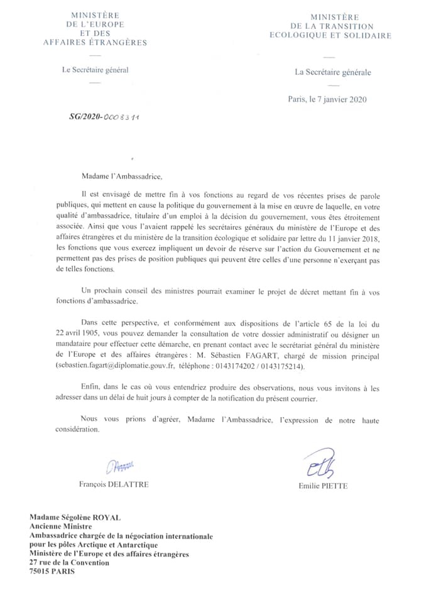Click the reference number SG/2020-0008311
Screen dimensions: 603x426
(x=105, y=117)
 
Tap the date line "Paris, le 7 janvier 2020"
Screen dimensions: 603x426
(x=327, y=99)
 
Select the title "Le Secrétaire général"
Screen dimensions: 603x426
(x=95, y=70)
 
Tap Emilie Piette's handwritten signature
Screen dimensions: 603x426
(x=321, y=464)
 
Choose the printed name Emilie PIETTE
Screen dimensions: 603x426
(x=324, y=486)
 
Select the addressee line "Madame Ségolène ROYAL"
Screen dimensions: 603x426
(x=75, y=518)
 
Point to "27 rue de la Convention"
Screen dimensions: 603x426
(x=70, y=563)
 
